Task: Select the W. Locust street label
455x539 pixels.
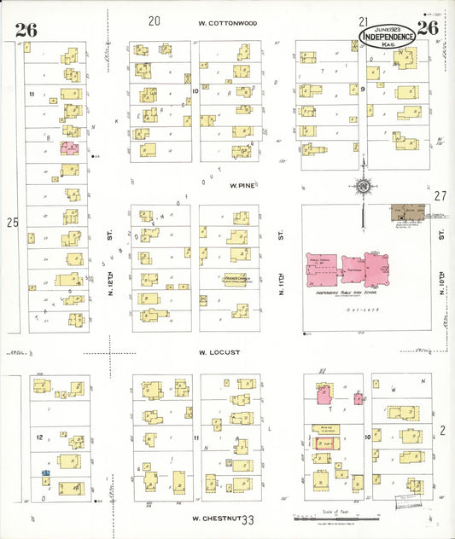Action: pos(219,351)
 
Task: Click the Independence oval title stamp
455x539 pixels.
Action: pos(388,35)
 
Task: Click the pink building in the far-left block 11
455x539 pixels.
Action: pos(69,148)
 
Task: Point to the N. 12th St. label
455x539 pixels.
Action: pos(110,280)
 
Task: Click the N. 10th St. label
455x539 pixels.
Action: pos(441,280)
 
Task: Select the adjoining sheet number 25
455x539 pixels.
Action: pos(11,223)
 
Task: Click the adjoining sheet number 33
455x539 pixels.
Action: pos(248,519)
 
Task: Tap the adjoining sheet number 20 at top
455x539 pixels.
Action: pos(155,20)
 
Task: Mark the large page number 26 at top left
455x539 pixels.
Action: pos(26,30)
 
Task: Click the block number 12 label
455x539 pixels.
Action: pos(39,437)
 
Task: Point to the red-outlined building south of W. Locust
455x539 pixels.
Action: pos(325,442)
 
